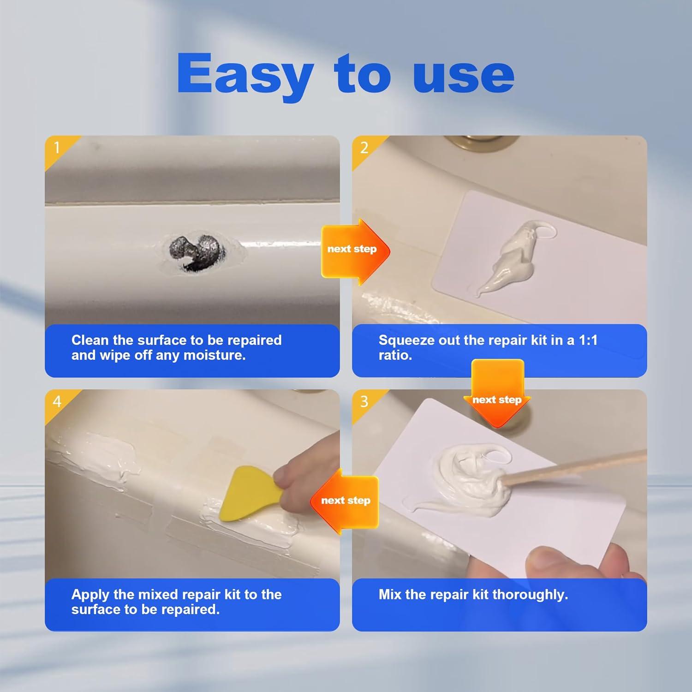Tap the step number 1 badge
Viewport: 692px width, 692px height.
click(x=57, y=148)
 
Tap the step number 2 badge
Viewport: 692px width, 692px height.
click(x=364, y=148)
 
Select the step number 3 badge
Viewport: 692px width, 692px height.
click(x=364, y=401)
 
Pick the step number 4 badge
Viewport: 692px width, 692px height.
click(x=57, y=401)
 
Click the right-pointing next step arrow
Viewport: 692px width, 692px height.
click(x=355, y=250)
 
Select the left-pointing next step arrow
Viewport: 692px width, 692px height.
click(x=345, y=501)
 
